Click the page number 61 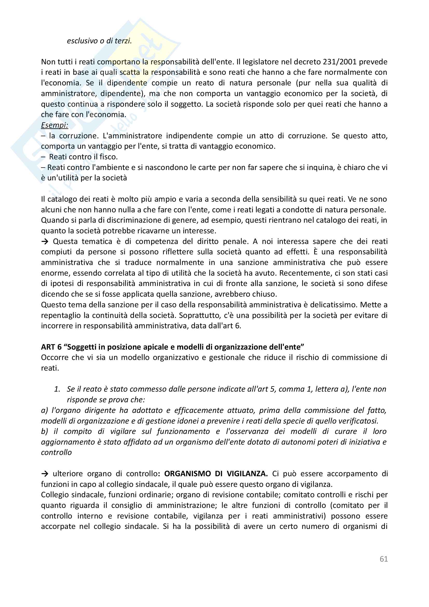click(384, 559)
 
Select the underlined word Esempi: click(55, 125)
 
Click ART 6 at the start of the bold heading click(51, 347)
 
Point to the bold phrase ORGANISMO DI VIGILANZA click(216, 474)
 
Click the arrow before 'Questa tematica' click(45, 241)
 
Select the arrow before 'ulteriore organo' click(45, 474)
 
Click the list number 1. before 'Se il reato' click(57, 389)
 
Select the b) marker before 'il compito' click(44, 432)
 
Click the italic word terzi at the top click(123, 41)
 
